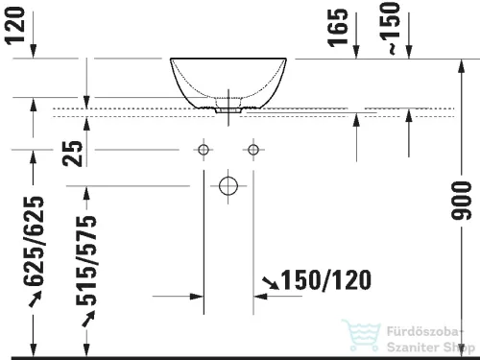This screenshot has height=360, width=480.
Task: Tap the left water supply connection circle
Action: pyautogui.click(x=203, y=150)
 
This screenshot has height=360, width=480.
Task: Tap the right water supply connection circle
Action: pyautogui.click(x=253, y=150)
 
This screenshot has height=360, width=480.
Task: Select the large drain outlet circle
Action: pyautogui.click(x=228, y=186)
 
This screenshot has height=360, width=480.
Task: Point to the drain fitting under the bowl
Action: pyautogui.click(x=228, y=108)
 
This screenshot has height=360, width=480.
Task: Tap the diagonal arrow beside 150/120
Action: pyautogui.click(x=273, y=281)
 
